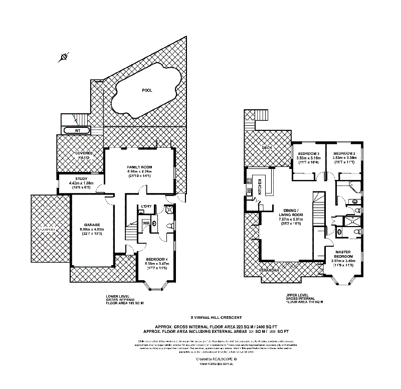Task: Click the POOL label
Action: tap(147, 90)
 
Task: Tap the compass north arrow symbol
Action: tap(63, 57)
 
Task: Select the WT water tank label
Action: tap(77, 131)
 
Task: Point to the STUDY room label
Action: tap(81, 178)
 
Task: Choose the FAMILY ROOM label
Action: tap(139, 167)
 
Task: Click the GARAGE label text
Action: tap(92, 225)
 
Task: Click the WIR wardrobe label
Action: tap(147, 223)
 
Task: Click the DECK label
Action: tap(267, 148)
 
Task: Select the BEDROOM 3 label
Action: tap(309, 153)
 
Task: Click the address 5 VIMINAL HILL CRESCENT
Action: tap(216, 317)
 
